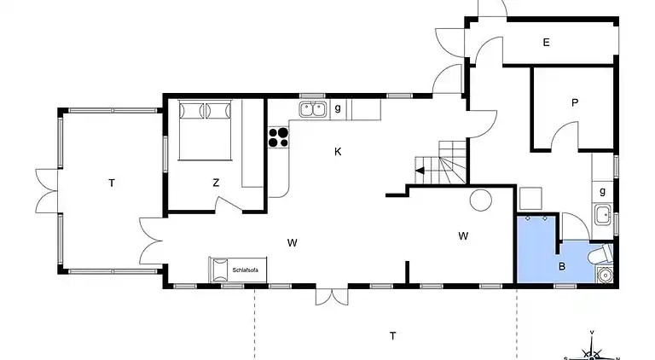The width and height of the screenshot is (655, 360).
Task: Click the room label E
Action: pyautogui.click(x=546, y=41)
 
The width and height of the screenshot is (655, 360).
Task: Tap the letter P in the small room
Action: pyautogui.click(x=575, y=102)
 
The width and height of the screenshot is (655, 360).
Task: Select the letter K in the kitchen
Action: pyautogui.click(x=338, y=152)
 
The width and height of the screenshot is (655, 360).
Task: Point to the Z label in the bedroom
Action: pyautogui.click(x=217, y=182)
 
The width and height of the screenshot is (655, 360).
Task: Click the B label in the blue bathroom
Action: pyautogui.click(x=562, y=265)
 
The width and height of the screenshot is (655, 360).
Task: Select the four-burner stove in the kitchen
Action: pyautogui.click(x=278, y=137)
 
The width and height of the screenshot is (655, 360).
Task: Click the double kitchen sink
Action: pyautogui.click(x=314, y=108)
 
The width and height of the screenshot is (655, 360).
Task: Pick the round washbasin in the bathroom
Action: pyautogui.click(x=606, y=275)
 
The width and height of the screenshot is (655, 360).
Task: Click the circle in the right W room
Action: pyautogui.click(x=480, y=201)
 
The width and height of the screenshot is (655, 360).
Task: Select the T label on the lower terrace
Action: pyautogui.click(x=392, y=334)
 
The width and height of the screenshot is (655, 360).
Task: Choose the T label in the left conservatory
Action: pyautogui.click(x=111, y=182)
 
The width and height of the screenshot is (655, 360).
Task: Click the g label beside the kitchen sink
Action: pyautogui.click(x=338, y=107)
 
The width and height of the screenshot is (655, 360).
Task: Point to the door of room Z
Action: pyautogui.click(x=228, y=205)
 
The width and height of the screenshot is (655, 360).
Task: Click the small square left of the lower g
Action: pyautogui.click(x=530, y=198)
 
